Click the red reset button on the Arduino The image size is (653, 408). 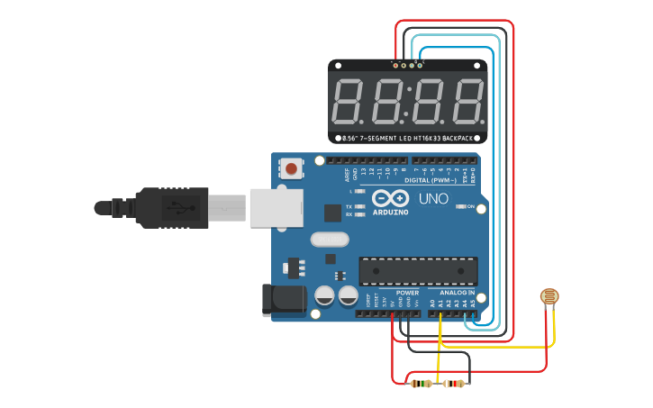(292, 168)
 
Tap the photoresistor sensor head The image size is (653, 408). (548, 296)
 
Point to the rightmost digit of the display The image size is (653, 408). (468, 102)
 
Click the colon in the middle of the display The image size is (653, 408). (409, 102)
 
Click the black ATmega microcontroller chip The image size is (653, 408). (418, 270)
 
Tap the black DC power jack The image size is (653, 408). (281, 301)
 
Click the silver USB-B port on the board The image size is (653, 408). (275, 207)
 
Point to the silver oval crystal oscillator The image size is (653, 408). (328, 240)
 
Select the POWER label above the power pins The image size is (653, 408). (407, 293)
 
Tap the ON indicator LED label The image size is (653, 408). (469, 207)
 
